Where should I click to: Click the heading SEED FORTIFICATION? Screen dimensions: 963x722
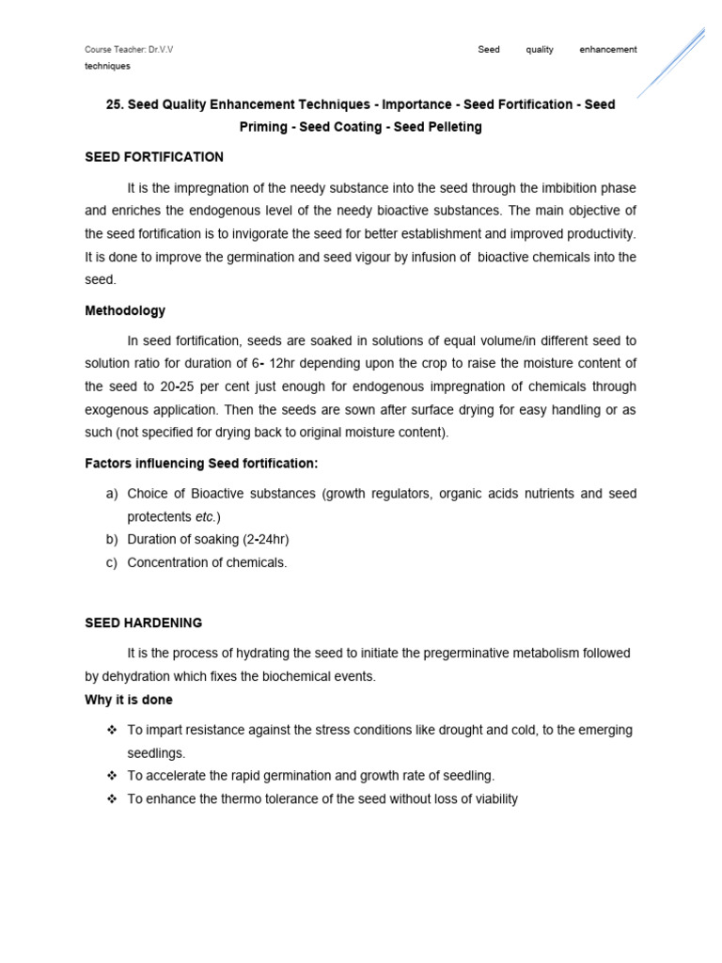[x=154, y=157]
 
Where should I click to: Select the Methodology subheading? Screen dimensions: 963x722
[x=125, y=310]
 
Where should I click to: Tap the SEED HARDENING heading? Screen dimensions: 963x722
[x=143, y=623]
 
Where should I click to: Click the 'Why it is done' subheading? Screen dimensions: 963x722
[x=129, y=700]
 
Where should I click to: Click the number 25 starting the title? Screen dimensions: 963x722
[x=114, y=104]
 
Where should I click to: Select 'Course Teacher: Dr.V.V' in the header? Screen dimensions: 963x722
[x=129, y=50]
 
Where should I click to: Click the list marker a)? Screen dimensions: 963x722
[x=111, y=494]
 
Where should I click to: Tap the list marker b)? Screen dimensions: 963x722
[x=111, y=540]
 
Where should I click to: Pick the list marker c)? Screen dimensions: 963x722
[x=111, y=562]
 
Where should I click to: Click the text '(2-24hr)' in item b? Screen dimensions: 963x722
[x=264, y=540]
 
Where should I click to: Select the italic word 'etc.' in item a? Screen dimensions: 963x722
[x=206, y=517]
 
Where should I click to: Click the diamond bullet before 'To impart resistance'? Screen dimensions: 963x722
[x=111, y=730]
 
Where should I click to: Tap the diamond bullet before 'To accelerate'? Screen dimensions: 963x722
[x=111, y=776]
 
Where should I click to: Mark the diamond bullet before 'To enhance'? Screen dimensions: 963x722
[x=111, y=799]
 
